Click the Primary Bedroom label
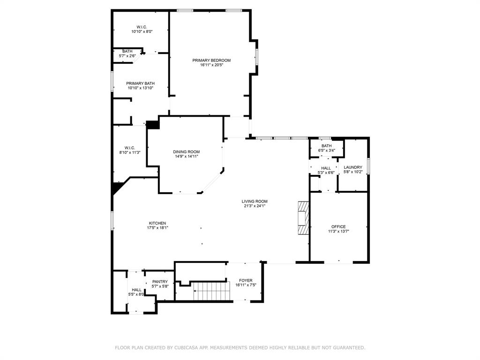click(211, 60)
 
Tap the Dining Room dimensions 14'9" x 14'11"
click(187, 157)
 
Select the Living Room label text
click(255, 202)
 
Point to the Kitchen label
click(157, 223)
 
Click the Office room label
click(338, 227)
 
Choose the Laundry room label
click(352, 167)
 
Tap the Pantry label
click(160, 282)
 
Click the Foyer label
click(246, 280)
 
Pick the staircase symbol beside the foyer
click(211, 291)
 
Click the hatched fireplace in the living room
click(304, 218)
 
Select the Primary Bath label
click(140, 83)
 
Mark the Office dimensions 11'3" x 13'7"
click(338, 232)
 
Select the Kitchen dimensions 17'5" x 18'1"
click(157, 228)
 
